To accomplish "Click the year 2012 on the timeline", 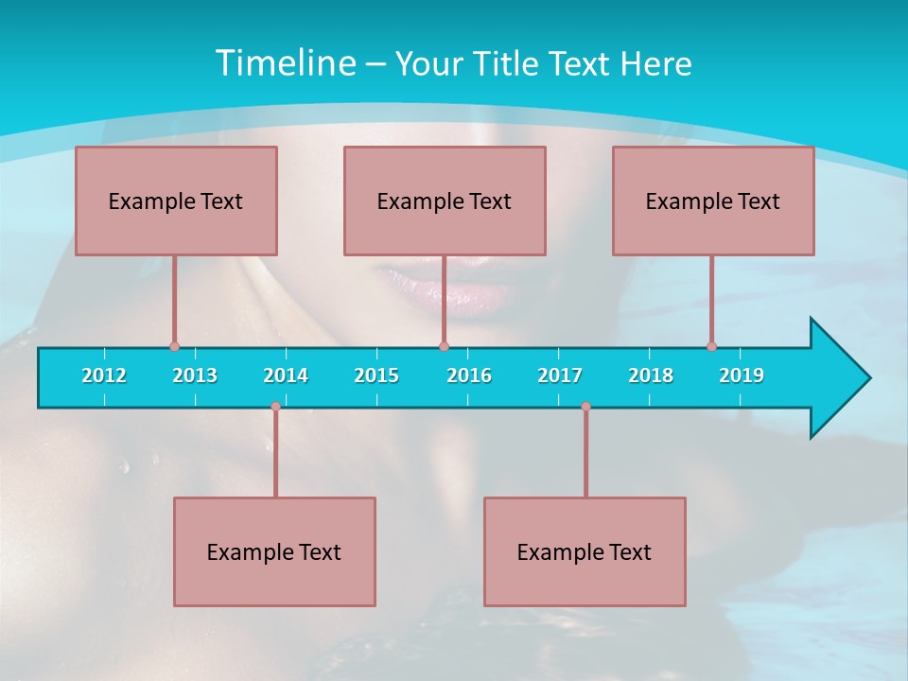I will pos(104,375).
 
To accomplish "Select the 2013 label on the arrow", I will pos(195,375).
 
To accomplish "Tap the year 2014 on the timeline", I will pos(286,375).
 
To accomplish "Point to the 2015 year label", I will pos(376,375).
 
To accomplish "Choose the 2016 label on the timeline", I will pos(469,375).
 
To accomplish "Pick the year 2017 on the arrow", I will pos(560,375).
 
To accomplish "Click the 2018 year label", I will pos(651,375).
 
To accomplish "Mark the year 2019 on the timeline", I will pos(742,375).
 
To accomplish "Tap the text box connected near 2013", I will pos(176,201).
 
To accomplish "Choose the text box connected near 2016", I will pos(445,201).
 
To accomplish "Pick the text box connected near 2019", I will pos(713,201).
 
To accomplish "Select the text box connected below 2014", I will pos(274,551).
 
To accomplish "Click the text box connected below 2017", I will pos(585,551).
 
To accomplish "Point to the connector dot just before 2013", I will pos(174,346).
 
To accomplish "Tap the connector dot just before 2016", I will pos(444,346).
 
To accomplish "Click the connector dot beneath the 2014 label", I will pos(275,407).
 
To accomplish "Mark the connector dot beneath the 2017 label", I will pos(585,407).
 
